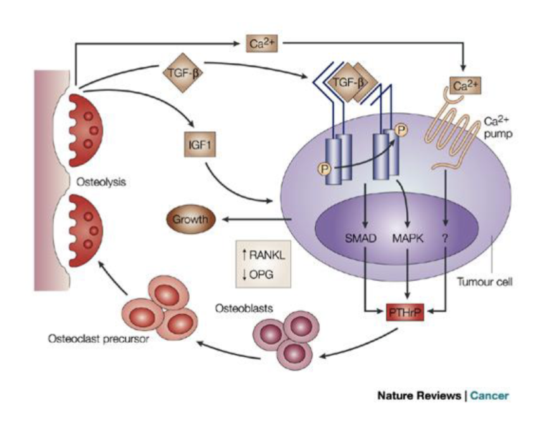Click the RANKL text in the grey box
[265, 255]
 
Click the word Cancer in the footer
[489, 396]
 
